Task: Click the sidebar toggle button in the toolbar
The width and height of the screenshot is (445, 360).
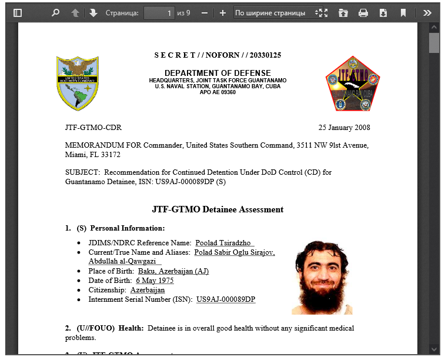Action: point(18,12)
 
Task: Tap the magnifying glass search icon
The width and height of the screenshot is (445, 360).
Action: point(56,12)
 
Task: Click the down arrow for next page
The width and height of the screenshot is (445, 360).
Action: point(93,12)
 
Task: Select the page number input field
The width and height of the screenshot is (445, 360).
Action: point(159,12)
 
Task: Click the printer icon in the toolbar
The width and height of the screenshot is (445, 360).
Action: point(363,12)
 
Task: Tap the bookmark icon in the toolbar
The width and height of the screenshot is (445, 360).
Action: point(403,12)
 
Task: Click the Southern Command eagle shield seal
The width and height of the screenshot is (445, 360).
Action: point(78,83)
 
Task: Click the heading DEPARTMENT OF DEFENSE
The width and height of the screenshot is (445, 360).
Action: point(218,73)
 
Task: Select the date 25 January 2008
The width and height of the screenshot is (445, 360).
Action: point(344,128)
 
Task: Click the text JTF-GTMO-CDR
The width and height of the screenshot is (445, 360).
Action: point(93,128)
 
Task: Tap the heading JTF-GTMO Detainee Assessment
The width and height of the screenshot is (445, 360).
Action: point(218,209)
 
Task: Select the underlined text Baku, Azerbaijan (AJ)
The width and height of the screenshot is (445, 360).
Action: point(173,271)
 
